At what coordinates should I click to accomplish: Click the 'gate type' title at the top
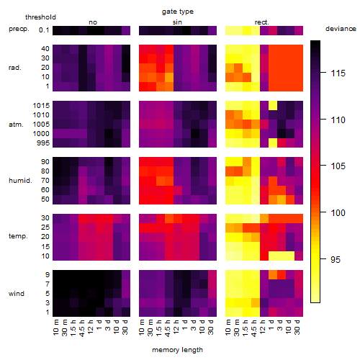[x=178, y=12]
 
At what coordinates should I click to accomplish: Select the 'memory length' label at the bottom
[x=177, y=350]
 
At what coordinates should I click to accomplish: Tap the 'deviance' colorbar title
[x=341, y=29]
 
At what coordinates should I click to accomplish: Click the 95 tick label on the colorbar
[x=336, y=259]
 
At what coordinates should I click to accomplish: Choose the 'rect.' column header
[x=261, y=22]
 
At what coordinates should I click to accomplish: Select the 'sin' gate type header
[x=177, y=22]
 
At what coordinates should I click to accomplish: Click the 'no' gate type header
[x=93, y=22]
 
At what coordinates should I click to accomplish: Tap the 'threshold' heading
[x=40, y=17]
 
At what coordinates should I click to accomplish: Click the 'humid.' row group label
[x=20, y=181]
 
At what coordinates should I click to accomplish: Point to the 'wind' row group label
[x=17, y=294]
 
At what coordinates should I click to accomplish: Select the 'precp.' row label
[x=19, y=29]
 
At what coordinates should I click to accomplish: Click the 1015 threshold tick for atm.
[x=41, y=106]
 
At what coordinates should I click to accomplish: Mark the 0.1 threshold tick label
[x=44, y=30]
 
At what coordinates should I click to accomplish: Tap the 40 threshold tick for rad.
[x=45, y=49]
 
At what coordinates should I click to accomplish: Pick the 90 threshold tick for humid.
[x=45, y=162]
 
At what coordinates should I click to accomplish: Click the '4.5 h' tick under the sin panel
[x=168, y=328]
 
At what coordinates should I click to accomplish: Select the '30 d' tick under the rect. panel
[x=297, y=327]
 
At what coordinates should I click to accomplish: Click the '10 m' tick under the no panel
[x=55, y=328]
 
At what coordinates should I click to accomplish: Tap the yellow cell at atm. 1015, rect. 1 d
[x=273, y=105]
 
